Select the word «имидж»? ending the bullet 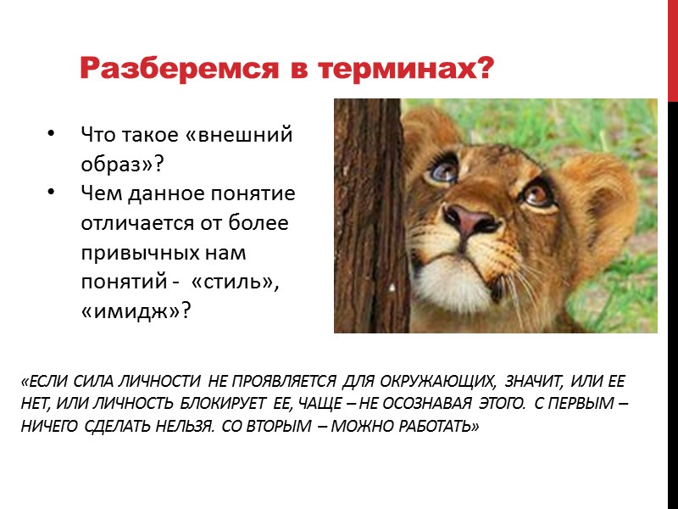pyautogui.click(x=136, y=312)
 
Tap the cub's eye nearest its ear pyautogui.click(x=536, y=193)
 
